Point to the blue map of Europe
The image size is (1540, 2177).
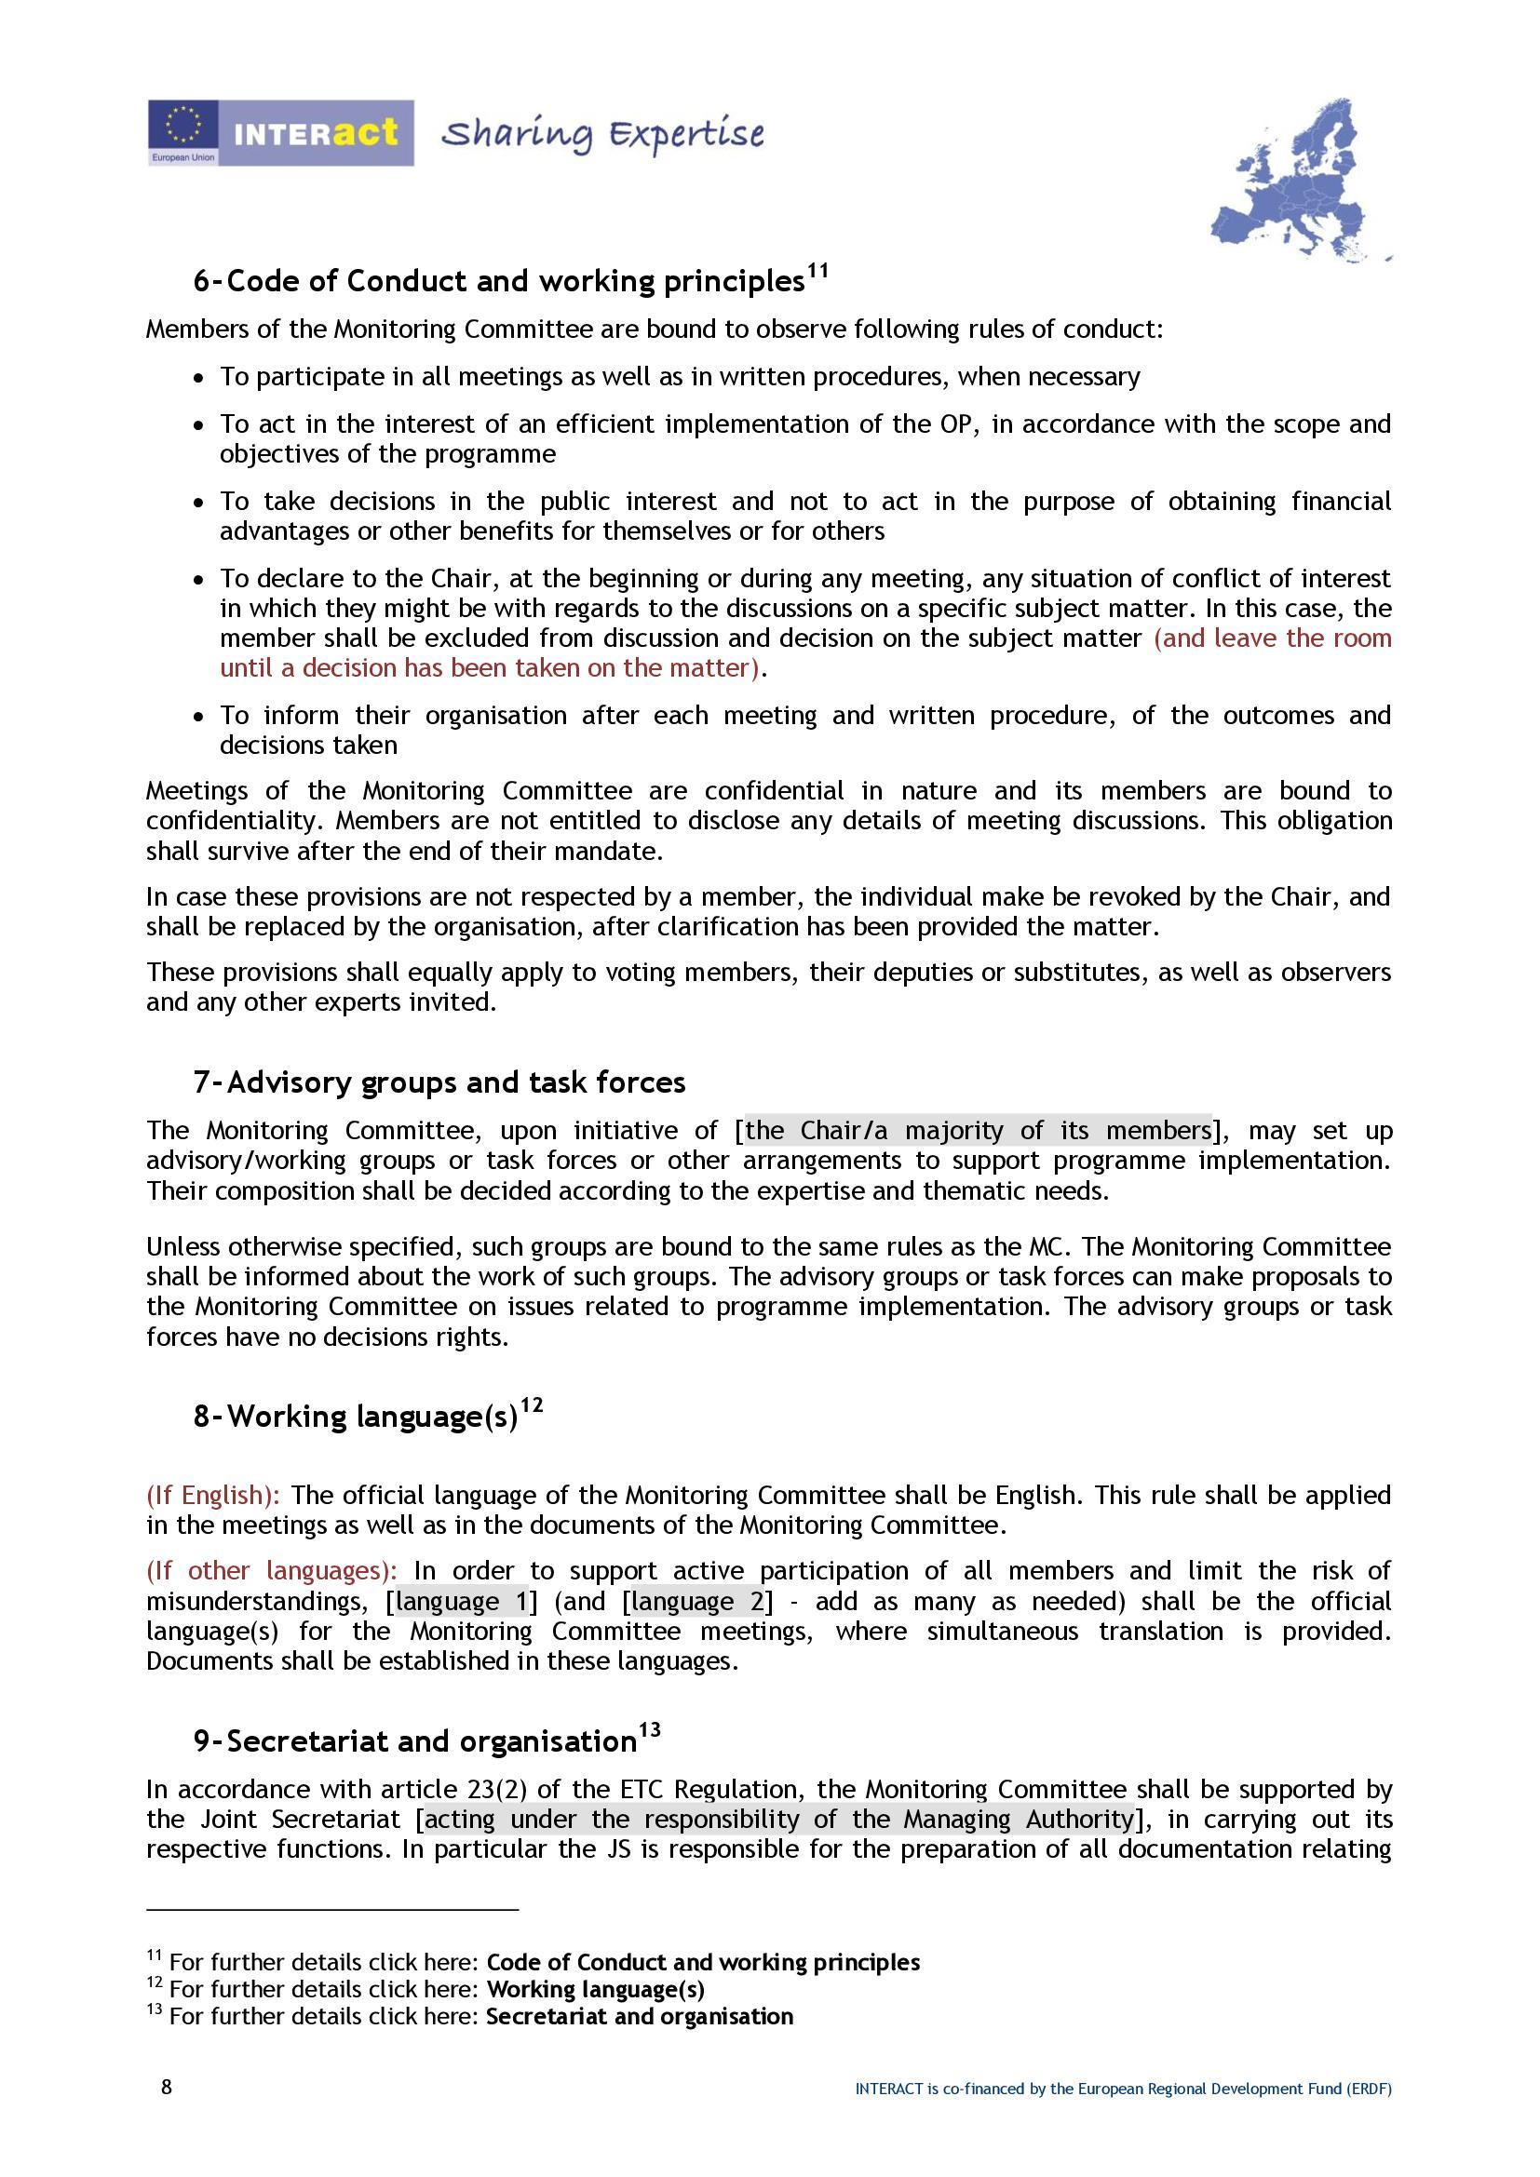(1300, 181)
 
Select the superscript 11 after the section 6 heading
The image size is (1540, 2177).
(817, 272)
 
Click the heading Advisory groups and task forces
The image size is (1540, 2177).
(456, 1082)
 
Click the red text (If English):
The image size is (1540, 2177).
(213, 1496)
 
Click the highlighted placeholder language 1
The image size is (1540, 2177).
(462, 1602)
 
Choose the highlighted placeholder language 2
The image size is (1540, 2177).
(697, 1602)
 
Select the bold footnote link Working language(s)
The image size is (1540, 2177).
(596, 1989)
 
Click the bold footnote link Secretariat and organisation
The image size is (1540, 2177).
(639, 2016)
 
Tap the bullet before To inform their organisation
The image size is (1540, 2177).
(197, 717)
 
